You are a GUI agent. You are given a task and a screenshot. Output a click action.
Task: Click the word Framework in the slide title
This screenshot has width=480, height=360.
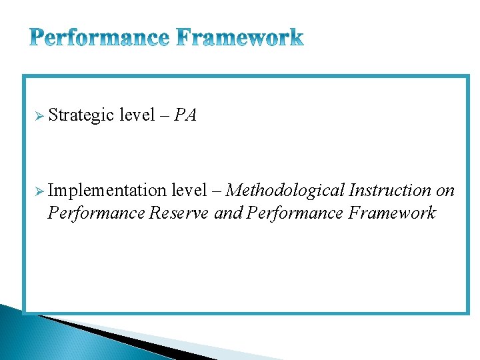click(x=241, y=37)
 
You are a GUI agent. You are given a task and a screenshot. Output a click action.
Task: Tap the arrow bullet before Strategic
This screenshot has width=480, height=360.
click(x=40, y=116)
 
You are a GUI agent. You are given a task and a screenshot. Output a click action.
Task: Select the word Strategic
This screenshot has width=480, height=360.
click(x=81, y=115)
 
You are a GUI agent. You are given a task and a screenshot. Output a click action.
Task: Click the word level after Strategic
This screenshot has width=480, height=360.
click(x=137, y=115)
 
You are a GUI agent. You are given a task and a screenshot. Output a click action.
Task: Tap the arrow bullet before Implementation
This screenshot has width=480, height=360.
click(x=40, y=191)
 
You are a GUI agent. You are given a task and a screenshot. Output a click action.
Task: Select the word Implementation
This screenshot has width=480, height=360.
click(x=107, y=191)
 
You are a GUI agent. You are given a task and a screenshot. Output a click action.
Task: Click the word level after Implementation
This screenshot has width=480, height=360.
click(x=189, y=191)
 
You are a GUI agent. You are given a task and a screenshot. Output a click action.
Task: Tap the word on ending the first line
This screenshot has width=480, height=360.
click(x=445, y=191)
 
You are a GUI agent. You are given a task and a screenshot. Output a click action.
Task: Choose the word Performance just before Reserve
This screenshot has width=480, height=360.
click(x=96, y=213)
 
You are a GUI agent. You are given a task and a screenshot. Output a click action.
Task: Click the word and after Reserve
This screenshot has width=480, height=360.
click(x=227, y=213)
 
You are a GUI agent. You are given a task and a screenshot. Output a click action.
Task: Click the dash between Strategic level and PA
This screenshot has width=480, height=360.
click(x=164, y=116)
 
